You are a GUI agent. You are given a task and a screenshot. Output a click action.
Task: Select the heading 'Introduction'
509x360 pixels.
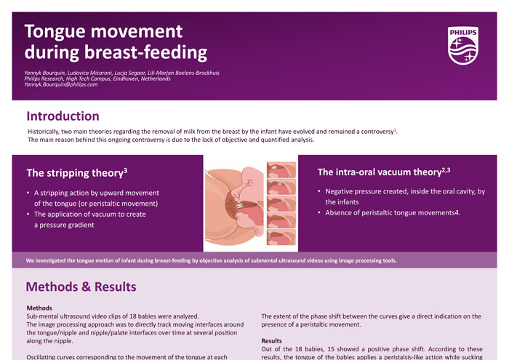tap(63, 116)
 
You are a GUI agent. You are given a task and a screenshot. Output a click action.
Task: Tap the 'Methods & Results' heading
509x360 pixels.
tap(81, 287)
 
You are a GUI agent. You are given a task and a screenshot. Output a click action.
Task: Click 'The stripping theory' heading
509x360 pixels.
tap(76, 173)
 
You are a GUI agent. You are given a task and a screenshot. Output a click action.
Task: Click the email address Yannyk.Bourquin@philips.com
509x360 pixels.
tap(60, 84)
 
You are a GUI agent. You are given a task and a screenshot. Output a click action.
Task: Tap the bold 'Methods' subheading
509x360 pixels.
tap(39, 308)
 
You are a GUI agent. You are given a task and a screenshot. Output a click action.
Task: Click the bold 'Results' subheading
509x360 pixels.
tap(271, 340)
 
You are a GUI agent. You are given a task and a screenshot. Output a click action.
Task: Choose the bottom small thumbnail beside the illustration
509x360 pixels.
tap(281, 237)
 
